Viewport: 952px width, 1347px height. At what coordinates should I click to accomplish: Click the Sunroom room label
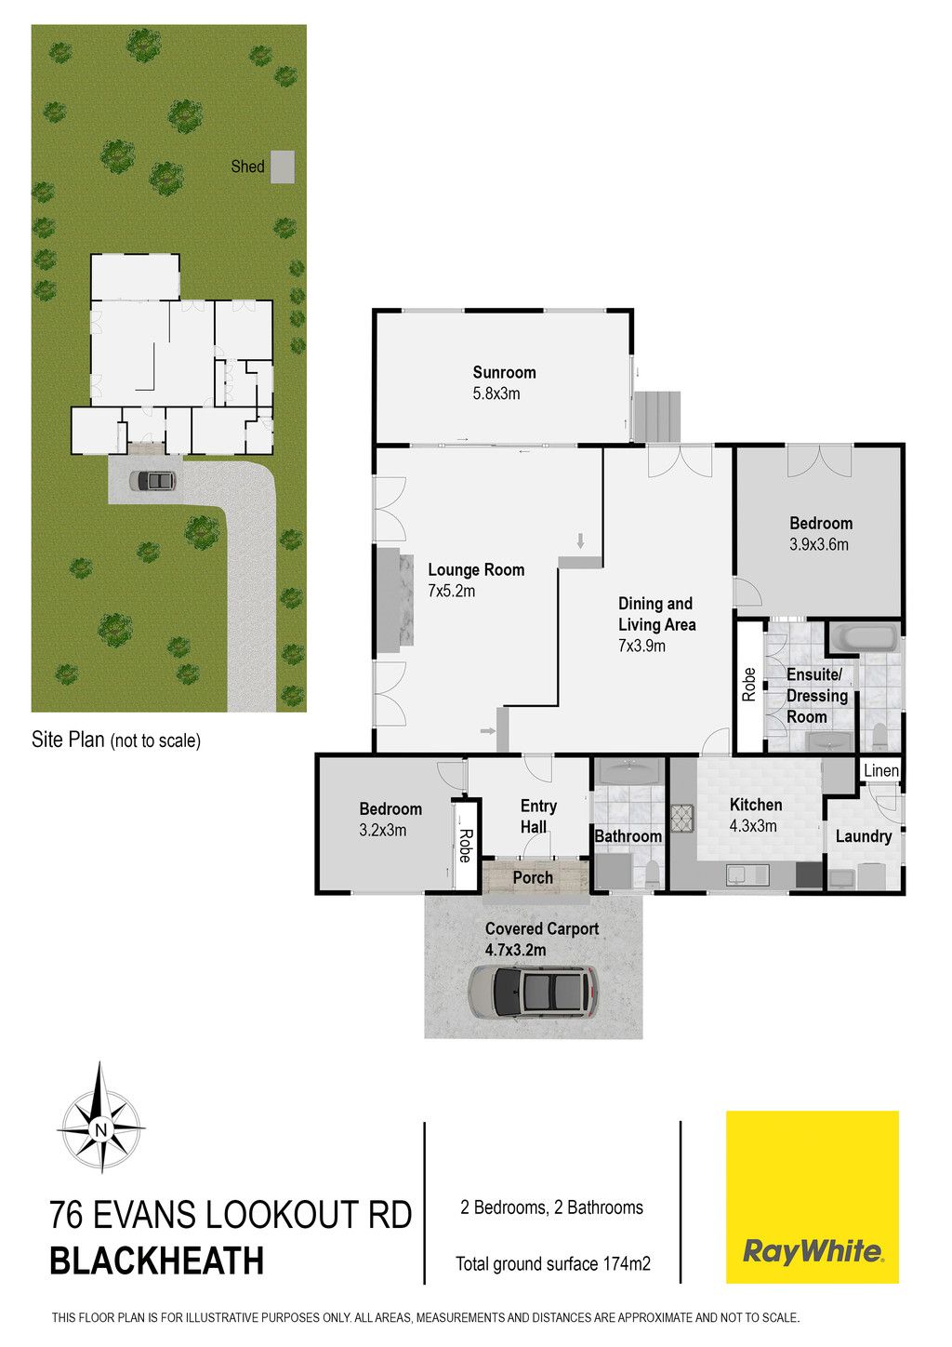click(x=504, y=372)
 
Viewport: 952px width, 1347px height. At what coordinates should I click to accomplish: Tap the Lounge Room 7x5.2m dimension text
click(x=451, y=591)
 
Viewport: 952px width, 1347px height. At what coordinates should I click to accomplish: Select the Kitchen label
click(x=756, y=805)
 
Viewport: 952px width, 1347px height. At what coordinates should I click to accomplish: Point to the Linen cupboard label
click(x=881, y=770)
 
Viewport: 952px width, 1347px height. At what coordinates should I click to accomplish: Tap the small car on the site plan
click(x=153, y=480)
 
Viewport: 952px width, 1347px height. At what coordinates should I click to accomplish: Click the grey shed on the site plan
click(x=282, y=167)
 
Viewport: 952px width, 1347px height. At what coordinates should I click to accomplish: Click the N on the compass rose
click(x=100, y=1128)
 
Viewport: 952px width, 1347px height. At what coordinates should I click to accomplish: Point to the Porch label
click(x=533, y=877)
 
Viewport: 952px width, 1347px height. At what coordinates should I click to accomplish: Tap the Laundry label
click(x=863, y=836)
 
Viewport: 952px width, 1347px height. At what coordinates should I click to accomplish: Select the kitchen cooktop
click(x=683, y=819)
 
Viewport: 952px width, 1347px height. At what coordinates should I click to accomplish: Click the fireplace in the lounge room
click(x=395, y=599)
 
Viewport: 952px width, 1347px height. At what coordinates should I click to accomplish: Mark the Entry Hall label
click(x=538, y=816)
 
